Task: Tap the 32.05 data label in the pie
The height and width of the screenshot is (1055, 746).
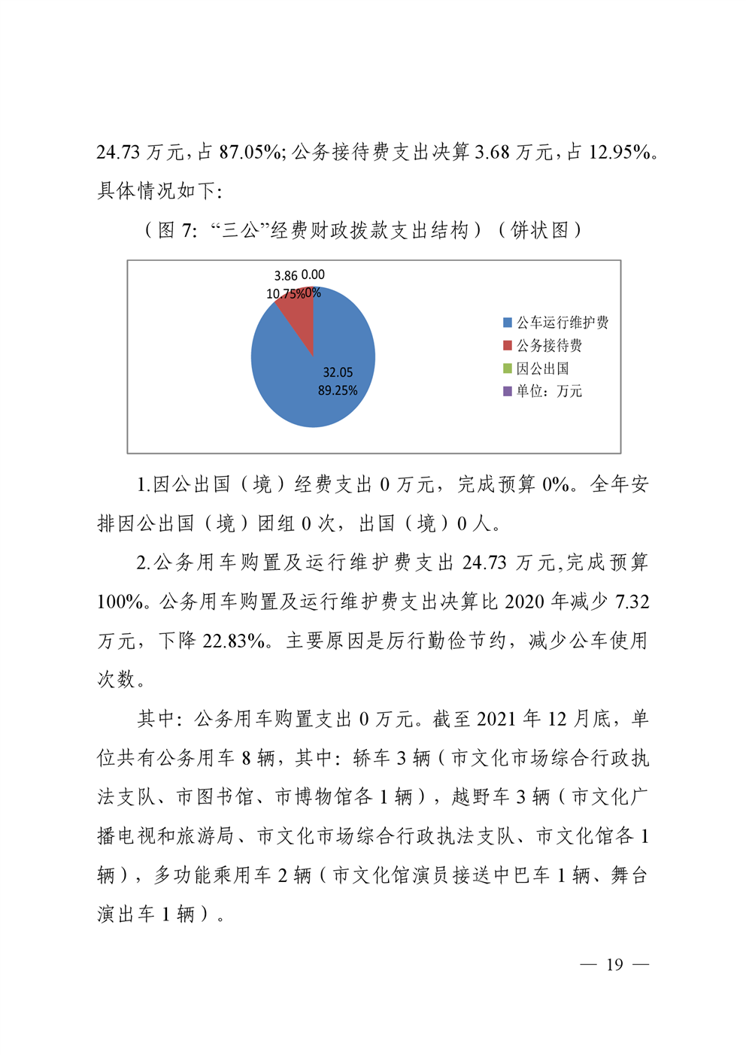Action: click(x=338, y=372)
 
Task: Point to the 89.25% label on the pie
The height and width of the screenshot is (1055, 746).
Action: click(x=338, y=390)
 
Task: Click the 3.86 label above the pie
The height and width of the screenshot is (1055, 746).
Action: click(x=286, y=276)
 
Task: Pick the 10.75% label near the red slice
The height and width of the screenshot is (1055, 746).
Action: click(x=285, y=294)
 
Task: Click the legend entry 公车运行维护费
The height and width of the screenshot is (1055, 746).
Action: click(x=562, y=323)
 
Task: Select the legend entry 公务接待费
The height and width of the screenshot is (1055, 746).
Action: click(x=549, y=345)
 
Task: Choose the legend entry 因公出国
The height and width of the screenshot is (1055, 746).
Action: click(x=542, y=368)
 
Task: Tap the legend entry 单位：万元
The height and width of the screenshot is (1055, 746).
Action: click(x=549, y=391)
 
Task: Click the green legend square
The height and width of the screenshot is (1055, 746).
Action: click(x=508, y=368)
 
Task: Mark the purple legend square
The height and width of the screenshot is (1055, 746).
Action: click(x=508, y=391)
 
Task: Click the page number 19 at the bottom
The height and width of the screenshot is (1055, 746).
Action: click(x=614, y=965)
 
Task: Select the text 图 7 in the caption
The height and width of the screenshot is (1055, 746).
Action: click(x=177, y=230)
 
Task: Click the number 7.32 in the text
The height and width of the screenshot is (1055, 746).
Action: click(x=632, y=602)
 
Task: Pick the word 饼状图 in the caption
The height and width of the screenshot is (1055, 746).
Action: click(x=540, y=230)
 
